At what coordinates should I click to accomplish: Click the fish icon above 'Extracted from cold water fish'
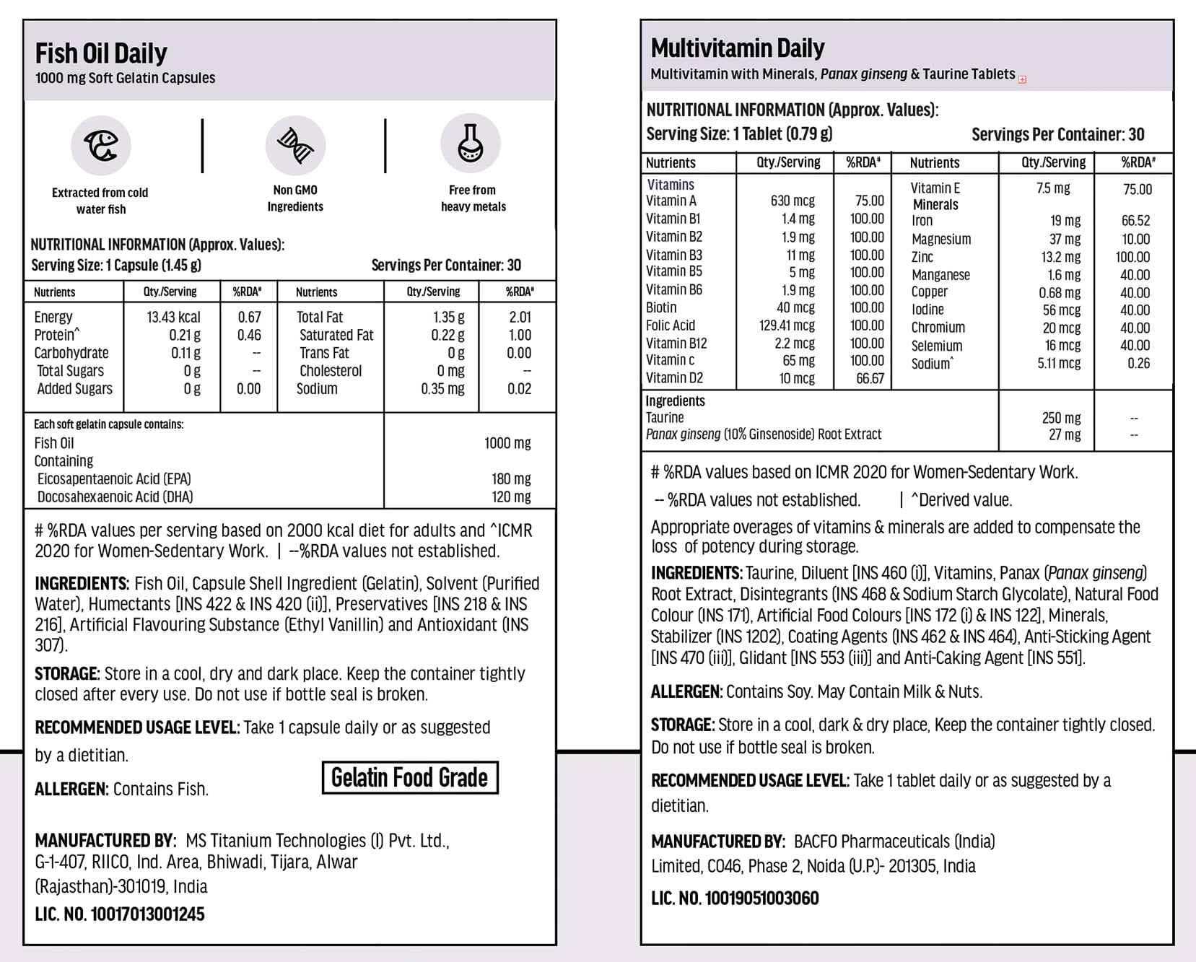pyautogui.click(x=101, y=145)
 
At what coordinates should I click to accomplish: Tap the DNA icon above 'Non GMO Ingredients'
pyautogui.click(x=295, y=145)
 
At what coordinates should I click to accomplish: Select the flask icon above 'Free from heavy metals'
pyautogui.click(x=471, y=143)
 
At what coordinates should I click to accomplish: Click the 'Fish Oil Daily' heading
pyautogui.click(x=101, y=53)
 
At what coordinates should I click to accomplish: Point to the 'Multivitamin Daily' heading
pyautogui.click(x=738, y=48)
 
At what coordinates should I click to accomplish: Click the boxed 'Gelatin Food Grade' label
pyautogui.click(x=409, y=778)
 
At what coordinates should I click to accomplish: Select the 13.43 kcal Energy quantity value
pyautogui.click(x=173, y=318)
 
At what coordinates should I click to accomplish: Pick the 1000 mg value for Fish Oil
pyautogui.click(x=507, y=443)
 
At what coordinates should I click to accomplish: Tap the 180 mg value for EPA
pyautogui.click(x=511, y=479)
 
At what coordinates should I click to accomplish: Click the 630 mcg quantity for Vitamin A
pyautogui.click(x=793, y=201)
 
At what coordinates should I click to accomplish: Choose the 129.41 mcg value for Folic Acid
pyautogui.click(x=787, y=325)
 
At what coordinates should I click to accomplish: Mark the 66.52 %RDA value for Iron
pyautogui.click(x=1135, y=221)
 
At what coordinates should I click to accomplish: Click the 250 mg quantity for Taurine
pyautogui.click(x=1061, y=418)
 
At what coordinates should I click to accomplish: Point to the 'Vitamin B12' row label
pyautogui.click(x=676, y=344)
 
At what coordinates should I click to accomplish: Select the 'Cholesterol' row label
pyautogui.click(x=331, y=371)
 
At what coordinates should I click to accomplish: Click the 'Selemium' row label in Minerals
pyautogui.click(x=936, y=346)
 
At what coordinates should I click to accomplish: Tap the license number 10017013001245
pyautogui.click(x=147, y=914)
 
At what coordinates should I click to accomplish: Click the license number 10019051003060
pyautogui.click(x=762, y=898)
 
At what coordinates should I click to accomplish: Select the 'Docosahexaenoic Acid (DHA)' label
pyautogui.click(x=115, y=497)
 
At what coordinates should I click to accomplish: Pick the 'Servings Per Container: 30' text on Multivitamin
pyautogui.click(x=1057, y=135)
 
